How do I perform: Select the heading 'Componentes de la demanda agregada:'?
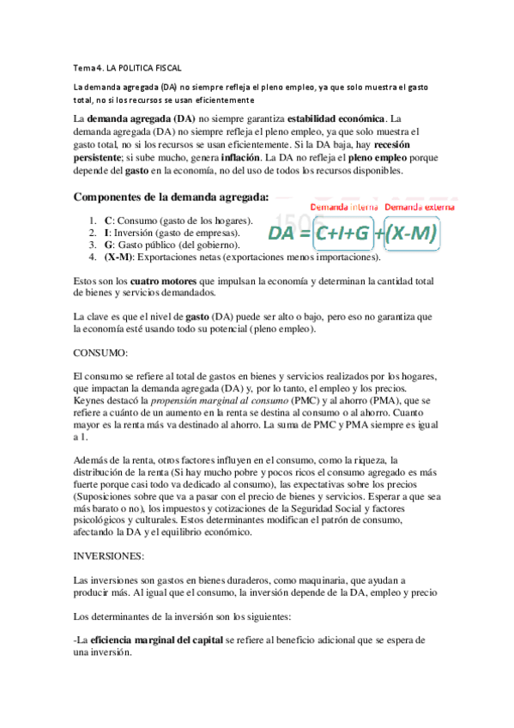[171, 197]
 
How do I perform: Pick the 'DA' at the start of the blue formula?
[284, 234]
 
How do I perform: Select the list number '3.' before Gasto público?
[93, 245]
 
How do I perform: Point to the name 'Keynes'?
[92, 400]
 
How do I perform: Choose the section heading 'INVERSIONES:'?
[109, 555]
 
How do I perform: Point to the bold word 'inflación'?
[247, 158]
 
